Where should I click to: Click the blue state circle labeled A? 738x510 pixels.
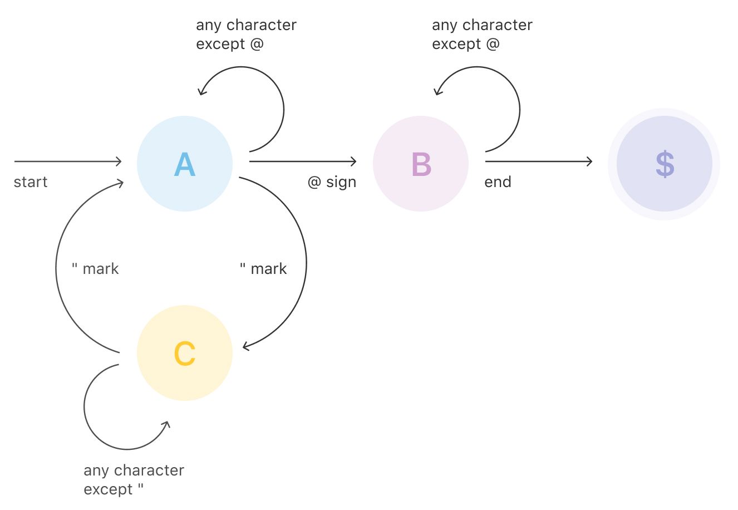(184, 164)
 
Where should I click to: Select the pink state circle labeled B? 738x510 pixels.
(421, 164)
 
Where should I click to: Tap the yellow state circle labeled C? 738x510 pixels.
(184, 353)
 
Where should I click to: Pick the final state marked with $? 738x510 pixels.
(664, 164)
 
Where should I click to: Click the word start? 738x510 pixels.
(31, 182)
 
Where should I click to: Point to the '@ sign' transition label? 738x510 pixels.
(332, 182)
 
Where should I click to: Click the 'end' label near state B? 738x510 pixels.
(498, 182)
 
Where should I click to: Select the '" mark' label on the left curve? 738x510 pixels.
(95, 269)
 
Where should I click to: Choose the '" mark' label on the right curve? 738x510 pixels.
(263, 269)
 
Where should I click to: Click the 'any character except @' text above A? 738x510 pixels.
(246, 35)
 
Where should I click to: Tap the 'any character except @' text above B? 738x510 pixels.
(482, 35)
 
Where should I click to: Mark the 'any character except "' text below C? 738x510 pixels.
(134, 480)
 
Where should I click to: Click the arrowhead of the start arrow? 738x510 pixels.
(119, 161)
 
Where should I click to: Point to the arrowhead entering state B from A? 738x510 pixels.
(354, 161)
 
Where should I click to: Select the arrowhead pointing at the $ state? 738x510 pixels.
(590, 161)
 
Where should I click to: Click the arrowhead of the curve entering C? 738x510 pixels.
(245, 347)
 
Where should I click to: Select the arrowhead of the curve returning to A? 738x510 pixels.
(121, 183)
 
